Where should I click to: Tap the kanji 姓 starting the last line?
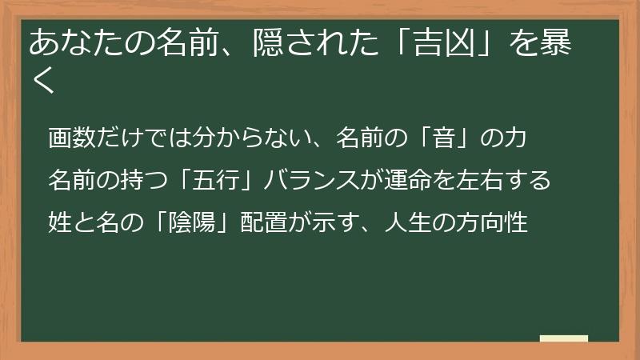(x=59, y=221)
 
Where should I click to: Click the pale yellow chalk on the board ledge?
(x=564, y=338)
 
